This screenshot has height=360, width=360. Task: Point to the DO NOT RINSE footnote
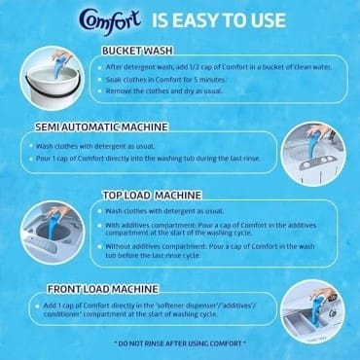click(181, 343)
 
